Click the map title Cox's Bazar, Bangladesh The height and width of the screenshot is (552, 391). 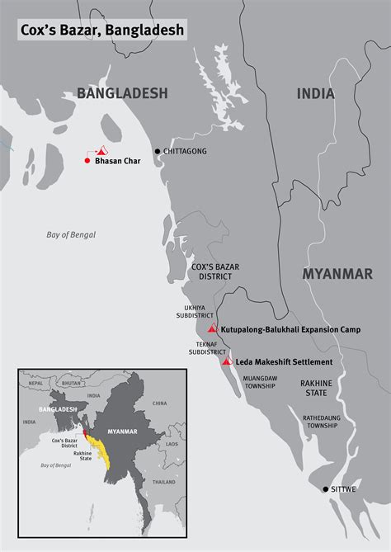(102, 31)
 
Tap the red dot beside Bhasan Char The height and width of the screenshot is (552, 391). (87, 160)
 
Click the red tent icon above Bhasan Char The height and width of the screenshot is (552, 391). (101, 151)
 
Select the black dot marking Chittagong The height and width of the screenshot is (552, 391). (158, 152)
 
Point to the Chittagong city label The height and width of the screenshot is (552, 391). (185, 152)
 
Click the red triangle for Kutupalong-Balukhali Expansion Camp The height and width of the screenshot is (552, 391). (212, 328)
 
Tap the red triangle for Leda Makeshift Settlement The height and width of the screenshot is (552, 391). (227, 361)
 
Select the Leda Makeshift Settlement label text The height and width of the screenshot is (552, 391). (284, 362)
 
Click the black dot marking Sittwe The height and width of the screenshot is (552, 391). (326, 489)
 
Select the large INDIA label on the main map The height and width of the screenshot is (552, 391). (316, 94)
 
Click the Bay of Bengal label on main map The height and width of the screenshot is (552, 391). (71, 235)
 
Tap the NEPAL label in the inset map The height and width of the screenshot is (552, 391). (35, 383)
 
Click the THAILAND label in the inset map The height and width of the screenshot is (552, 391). (163, 482)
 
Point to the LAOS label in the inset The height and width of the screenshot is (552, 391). (171, 443)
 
